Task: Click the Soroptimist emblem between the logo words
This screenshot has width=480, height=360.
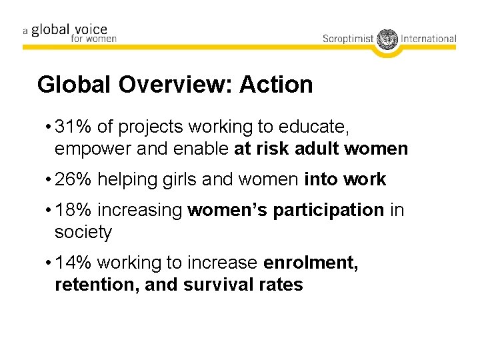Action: (x=387, y=39)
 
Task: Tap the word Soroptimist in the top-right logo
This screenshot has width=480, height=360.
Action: (x=349, y=39)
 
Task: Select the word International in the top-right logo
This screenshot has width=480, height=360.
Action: (x=429, y=39)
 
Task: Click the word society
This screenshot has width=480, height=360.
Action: (x=83, y=232)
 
